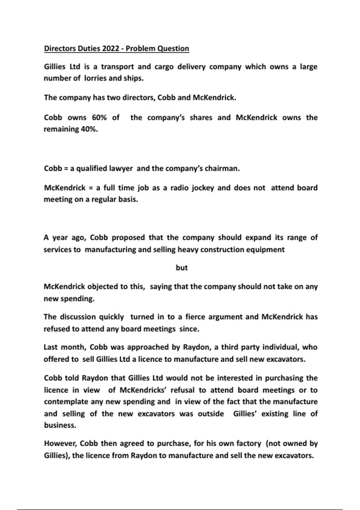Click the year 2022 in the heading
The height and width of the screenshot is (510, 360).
[x=111, y=49]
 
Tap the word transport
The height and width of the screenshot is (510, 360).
[x=117, y=67]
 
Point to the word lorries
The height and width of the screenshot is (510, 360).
[x=95, y=78]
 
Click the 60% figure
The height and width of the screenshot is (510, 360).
[x=99, y=118]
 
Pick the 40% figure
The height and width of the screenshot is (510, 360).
[x=89, y=129]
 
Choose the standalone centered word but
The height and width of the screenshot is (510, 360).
[x=181, y=268]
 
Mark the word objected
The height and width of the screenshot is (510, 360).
[x=103, y=287]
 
